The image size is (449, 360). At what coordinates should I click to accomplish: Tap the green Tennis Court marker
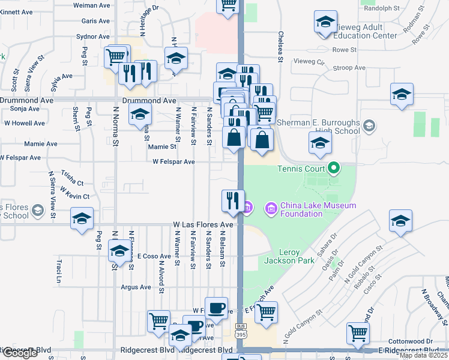tap(336, 169)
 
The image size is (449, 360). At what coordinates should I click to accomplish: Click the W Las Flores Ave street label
tap(203, 224)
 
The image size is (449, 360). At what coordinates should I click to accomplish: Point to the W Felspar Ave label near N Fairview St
tap(173, 162)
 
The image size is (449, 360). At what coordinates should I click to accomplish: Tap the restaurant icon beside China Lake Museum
tap(232, 200)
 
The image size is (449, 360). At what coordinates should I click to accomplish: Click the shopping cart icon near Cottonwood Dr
tap(358, 332)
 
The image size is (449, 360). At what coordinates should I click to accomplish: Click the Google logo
tap(19, 353)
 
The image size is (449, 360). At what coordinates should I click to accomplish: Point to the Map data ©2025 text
tap(423, 355)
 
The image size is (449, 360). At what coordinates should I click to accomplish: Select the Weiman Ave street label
tap(92, 5)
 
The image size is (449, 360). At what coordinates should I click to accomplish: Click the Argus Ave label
tap(136, 287)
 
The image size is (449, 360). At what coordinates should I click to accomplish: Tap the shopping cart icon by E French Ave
tap(266, 311)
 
